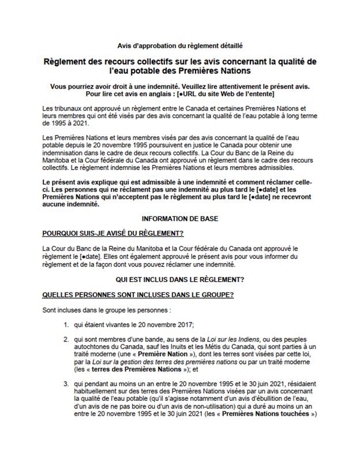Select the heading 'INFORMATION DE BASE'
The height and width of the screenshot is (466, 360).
click(179, 219)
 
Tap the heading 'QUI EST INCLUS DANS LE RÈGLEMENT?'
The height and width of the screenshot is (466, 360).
click(179, 279)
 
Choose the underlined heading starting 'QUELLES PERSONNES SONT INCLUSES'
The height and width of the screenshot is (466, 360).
click(137, 294)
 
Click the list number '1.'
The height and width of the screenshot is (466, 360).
click(67, 324)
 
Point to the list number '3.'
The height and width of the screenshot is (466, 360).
click(67, 383)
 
